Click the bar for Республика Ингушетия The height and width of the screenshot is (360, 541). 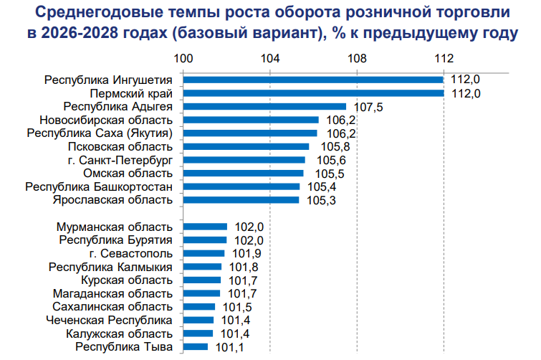pyautogui.click(x=313, y=80)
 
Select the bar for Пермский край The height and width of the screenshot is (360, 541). pyautogui.click(x=313, y=93)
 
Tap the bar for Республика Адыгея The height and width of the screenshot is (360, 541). pyautogui.click(x=264, y=107)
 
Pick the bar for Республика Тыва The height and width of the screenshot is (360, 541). pyautogui.click(x=195, y=347)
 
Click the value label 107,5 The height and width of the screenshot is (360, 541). pyautogui.click(x=369, y=107)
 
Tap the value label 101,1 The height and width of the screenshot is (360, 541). pyautogui.click(x=229, y=347)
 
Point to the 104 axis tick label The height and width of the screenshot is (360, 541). pyautogui.click(x=270, y=58)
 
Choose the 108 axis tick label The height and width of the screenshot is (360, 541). pyautogui.click(x=357, y=58)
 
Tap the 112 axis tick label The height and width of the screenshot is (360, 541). pyautogui.click(x=444, y=58)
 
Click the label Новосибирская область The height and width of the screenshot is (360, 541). pyautogui.click(x=106, y=120)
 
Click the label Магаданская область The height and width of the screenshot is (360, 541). pyautogui.click(x=112, y=293)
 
